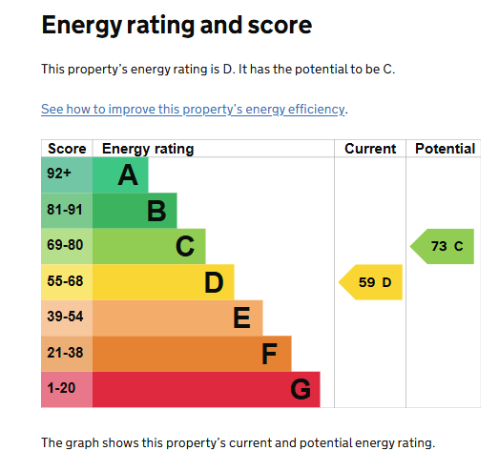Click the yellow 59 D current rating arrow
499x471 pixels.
(x=371, y=282)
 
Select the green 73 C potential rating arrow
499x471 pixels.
(x=443, y=247)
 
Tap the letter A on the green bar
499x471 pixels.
(x=128, y=174)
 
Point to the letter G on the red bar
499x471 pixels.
(x=301, y=389)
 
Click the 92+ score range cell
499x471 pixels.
(x=67, y=174)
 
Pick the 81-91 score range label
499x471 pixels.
(x=65, y=210)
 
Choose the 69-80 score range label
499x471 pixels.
(x=65, y=245)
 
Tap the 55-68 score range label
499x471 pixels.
(x=65, y=281)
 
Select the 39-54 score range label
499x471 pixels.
(x=65, y=317)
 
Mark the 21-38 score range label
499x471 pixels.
(x=65, y=353)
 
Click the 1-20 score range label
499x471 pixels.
(x=61, y=388)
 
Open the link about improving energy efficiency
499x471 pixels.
(x=193, y=110)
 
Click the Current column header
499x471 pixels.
(x=370, y=149)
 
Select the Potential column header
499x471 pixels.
(x=446, y=149)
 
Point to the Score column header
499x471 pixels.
(x=67, y=149)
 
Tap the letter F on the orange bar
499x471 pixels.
(x=270, y=354)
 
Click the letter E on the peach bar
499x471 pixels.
(x=241, y=317)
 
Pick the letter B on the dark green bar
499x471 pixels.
(x=156, y=211)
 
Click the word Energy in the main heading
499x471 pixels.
(x=82, y=26)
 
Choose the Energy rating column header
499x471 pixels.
(x=148, y=149)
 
